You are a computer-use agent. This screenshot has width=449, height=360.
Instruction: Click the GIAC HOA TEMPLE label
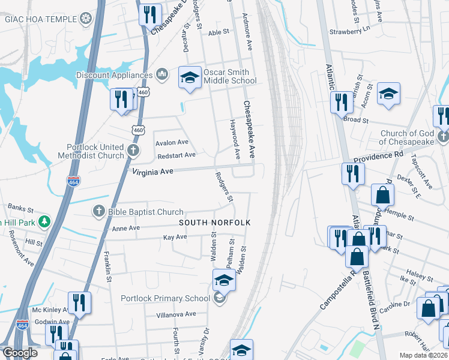click(x=41, y=19)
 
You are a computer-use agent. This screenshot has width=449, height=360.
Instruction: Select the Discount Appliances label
click(x=114, y=75)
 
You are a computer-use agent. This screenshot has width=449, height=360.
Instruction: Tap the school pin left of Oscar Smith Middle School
click(x=190, y=78)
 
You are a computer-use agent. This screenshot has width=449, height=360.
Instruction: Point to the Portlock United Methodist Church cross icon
click(x=133, y=149)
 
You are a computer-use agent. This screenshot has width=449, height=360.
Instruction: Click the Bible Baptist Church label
click(x=145, y=212)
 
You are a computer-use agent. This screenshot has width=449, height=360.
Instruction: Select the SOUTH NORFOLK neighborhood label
click(x=214, y=223)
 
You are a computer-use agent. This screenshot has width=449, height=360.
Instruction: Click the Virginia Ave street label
click(x=152, y=172)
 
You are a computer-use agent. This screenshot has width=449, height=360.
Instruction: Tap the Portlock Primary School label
click(x=165, y=298)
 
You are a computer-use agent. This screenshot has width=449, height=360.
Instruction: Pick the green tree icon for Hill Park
click(x=43, y=223)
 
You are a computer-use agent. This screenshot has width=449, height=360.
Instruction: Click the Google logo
click(x=20, y=353)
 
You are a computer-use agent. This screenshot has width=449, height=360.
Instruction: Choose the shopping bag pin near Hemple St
click(x=382, y=194)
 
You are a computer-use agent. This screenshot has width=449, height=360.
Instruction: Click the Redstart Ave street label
click(x=176, y=155)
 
